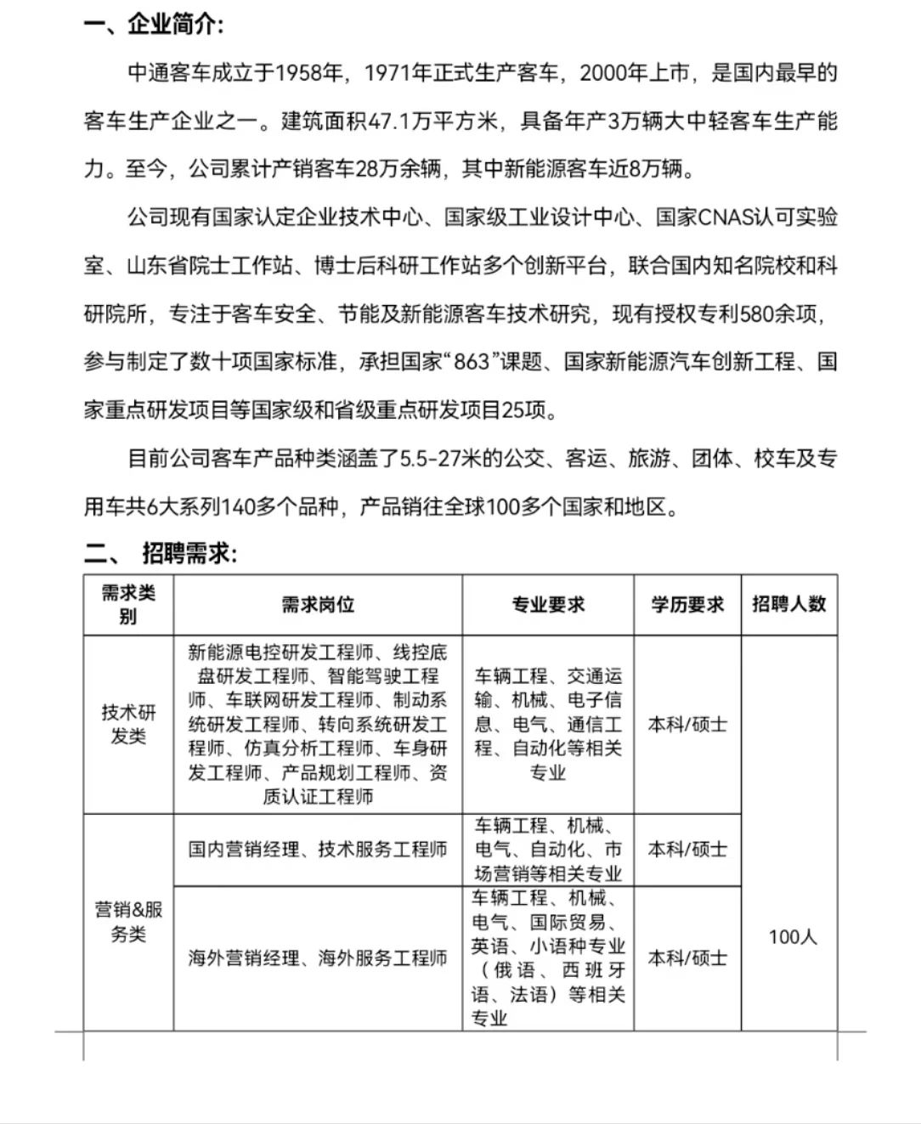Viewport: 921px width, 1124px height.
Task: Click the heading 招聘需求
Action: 189,554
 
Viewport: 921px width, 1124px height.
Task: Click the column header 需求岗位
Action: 318,605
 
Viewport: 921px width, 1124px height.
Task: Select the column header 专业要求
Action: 548,605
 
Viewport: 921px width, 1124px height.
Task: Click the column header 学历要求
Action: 687,605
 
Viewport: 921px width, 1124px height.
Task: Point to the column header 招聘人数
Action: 788,604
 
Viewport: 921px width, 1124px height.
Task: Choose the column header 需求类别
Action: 128,604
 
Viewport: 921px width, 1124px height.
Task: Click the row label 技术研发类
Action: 128,724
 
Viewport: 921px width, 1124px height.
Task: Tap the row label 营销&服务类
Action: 128,922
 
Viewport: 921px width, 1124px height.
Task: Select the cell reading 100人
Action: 792,937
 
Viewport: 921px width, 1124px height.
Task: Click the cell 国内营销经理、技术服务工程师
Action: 318,850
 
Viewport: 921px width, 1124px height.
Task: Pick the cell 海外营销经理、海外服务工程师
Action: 318,958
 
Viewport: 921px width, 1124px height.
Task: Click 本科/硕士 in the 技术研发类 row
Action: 687,725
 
